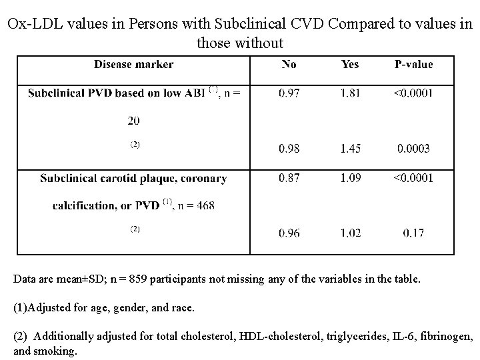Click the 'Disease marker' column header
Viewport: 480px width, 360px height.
coord(133,65)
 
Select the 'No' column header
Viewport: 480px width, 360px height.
coord(289,65)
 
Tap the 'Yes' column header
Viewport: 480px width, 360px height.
coord(349,65)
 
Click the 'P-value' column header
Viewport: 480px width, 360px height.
coord(413,65)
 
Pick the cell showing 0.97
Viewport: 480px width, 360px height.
coord(289,93)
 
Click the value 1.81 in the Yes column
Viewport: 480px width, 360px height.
coord(349,93)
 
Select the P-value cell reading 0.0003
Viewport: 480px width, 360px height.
coord(413,149)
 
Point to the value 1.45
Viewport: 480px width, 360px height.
coord(349,149)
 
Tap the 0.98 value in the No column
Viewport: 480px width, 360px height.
coord(289,149)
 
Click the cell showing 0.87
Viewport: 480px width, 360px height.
coord(289,178)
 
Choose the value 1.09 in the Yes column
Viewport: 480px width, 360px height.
coord(349,178)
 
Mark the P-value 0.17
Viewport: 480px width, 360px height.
coord(413,233)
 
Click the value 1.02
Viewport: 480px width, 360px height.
coord(349,233)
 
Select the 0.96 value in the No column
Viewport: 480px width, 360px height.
coord(289,233)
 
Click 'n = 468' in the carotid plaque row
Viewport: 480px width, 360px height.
coord(197,205)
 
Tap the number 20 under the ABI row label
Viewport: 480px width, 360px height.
coord(133,121)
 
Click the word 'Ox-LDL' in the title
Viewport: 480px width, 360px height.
coord(34,25)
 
